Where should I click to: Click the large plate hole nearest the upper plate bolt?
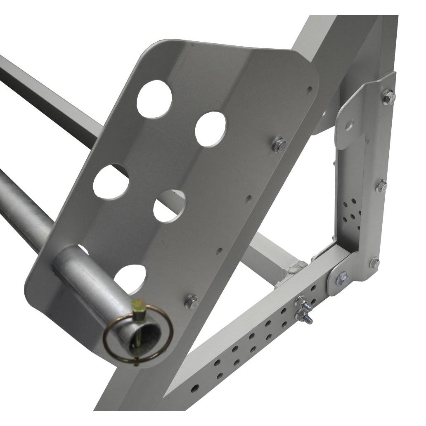coord(211,129)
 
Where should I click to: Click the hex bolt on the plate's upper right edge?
coord(279,145)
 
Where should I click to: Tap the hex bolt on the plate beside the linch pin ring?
coord(192,302)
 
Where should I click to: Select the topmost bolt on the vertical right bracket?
coord(388,98)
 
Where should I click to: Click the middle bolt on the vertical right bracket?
coord(381,186)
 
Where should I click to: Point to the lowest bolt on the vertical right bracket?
coord(374,263)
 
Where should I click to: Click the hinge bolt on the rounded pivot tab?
coord(342,279)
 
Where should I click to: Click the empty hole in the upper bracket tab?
coord(349,123)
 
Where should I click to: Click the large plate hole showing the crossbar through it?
coord(169,205)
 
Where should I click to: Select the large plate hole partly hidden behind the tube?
coord(82,249)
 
